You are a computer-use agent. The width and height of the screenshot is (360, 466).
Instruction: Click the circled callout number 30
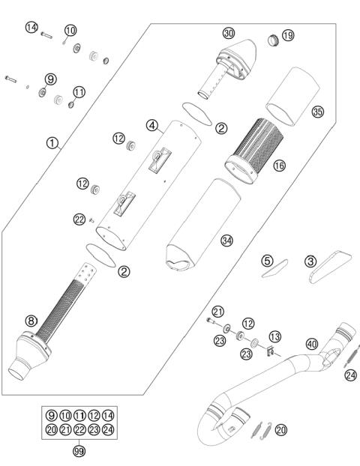tap(229, 33)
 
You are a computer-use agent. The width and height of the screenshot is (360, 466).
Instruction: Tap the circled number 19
tap(288, 34)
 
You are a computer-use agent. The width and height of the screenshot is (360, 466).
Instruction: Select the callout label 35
tap(318, 112)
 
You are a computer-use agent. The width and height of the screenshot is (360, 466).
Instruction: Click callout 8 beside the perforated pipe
tap(31, 321)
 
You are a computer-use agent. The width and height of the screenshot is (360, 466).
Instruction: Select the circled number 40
tap(312, 344)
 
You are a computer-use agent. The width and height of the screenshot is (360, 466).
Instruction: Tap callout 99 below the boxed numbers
tap(78, 450)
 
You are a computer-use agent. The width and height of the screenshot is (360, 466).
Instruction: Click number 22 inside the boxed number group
tap(78, 429)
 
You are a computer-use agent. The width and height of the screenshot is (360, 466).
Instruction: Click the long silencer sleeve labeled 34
tap(202, 225)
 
